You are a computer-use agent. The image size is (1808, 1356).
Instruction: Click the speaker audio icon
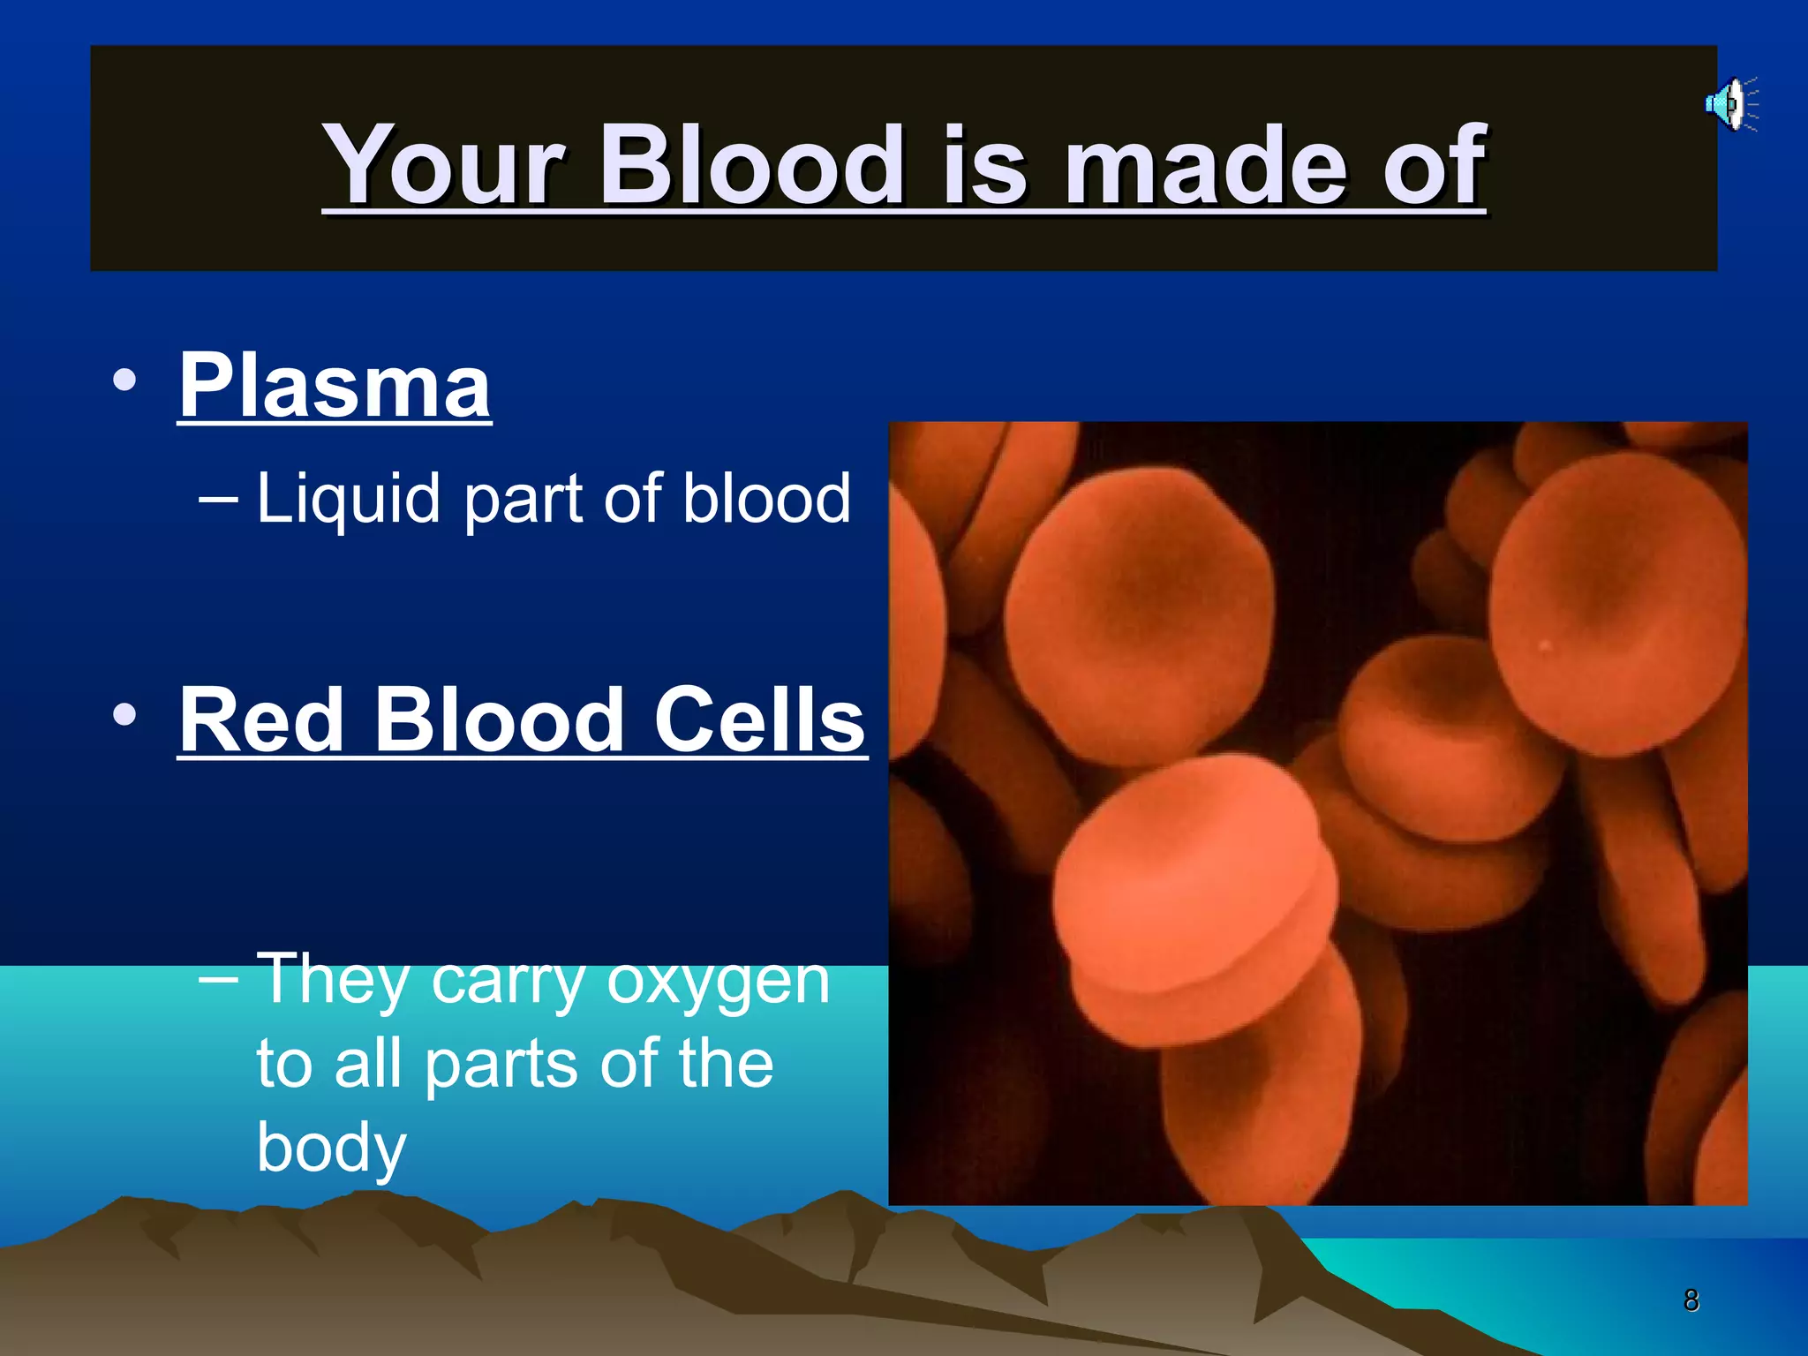click(1730, 105)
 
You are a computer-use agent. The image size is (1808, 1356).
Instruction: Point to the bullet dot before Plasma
click(124, 380)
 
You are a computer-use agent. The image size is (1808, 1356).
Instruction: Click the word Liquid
click(348, 500)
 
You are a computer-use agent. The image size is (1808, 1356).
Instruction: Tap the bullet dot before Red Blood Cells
click(124, 714)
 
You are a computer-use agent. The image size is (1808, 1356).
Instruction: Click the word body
click(331, 1148)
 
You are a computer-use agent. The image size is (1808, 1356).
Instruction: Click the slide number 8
click(1691, 1300)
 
